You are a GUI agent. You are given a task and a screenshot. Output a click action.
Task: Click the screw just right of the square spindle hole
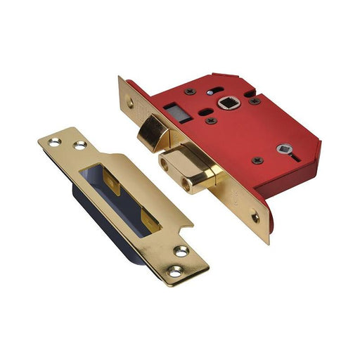(254, 101)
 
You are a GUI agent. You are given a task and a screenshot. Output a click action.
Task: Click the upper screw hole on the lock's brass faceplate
(130, 102)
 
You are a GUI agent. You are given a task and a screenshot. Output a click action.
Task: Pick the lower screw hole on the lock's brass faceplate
(256, 217)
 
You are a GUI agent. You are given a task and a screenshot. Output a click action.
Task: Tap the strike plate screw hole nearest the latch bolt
(79, 146)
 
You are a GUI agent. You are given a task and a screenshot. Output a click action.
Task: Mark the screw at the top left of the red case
(190, 91)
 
